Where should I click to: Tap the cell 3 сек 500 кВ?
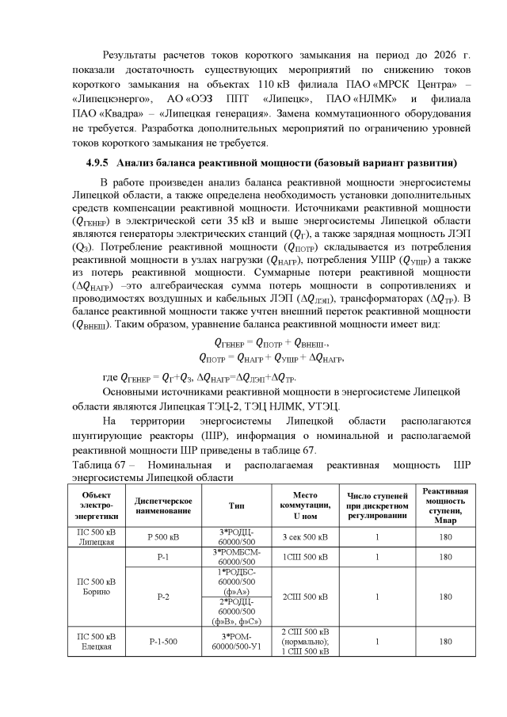[x=300, y=536]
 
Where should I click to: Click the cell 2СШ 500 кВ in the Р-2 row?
[x=300, y=596]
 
